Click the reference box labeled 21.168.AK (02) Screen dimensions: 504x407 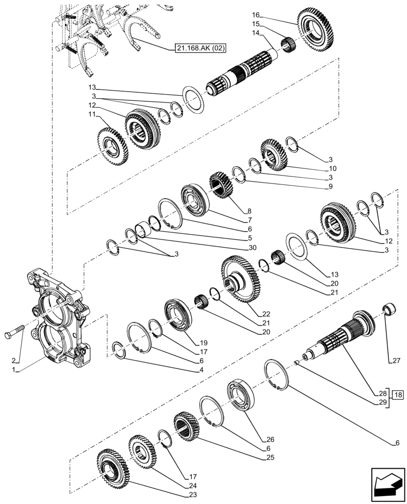pyautogui.click(x=201, y=48)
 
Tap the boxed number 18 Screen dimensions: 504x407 pyautogui.click(x=397, y=394)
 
